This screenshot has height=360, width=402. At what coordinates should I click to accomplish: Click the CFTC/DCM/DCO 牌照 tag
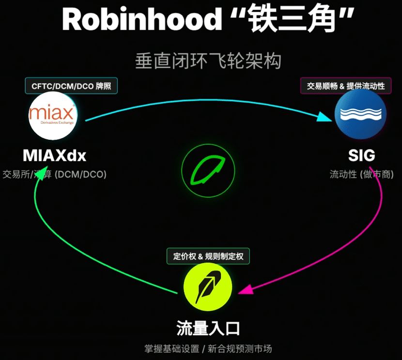(x=71, y=86)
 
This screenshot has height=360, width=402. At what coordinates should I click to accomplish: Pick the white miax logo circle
(x=53, y=116)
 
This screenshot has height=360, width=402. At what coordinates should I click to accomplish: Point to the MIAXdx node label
(x=54, y=156)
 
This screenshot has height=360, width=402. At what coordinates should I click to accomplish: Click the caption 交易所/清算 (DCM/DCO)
(x=54, y=174)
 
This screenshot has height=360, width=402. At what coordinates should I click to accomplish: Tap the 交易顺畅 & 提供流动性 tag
(x=346, y=86)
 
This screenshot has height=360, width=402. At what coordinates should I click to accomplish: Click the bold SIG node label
(x=361, y=156)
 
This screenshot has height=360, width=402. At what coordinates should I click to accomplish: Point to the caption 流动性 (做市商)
(x=361, y=174)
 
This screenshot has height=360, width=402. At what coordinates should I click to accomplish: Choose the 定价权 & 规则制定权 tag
(x=208, y=256)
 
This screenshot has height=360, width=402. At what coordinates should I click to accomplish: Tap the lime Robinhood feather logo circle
(x=208, y=288)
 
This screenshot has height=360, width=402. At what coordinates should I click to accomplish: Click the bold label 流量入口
(x=208, y=329)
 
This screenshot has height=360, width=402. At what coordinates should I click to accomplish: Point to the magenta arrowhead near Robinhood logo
(x=246, y=289)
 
